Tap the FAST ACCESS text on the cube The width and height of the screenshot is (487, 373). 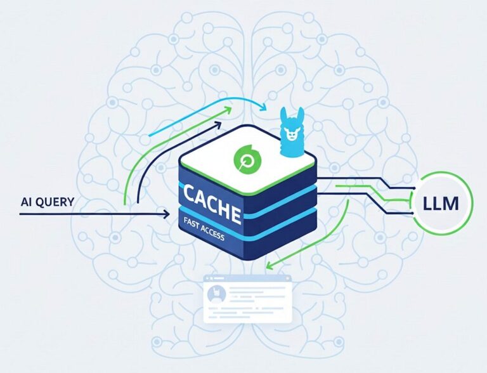(x=204, y=230)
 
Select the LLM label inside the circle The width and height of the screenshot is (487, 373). (x=441, y=204)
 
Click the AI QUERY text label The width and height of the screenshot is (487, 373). (x=48, y=202)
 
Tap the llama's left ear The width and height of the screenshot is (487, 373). (x=283, y=115)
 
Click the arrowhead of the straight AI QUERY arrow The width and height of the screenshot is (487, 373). (x=166, y=214)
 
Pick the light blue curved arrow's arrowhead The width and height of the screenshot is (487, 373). (x=263, y=107)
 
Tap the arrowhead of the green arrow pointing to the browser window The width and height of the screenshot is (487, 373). (x=270, y=266)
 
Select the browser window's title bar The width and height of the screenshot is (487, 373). (x=248, y=278)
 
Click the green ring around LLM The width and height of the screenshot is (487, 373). (x=441, y=203)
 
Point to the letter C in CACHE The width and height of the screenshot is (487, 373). (x=189, y=193)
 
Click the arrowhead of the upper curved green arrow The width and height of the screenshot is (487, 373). (x=228, y=110)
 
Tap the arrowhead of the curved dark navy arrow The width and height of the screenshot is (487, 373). (x=218, y=125)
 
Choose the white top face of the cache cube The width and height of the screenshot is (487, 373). (x=247, y=159)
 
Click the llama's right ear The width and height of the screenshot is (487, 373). (x=300, y=115)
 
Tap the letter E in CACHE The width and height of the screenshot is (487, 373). (x=235, y=214)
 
